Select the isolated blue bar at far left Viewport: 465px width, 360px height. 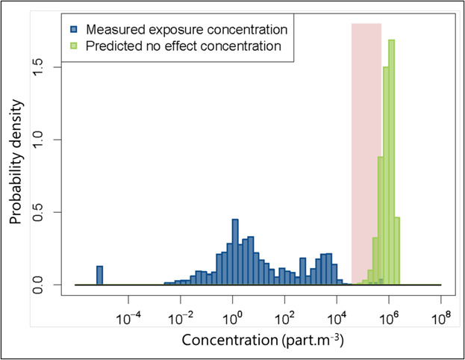[99, 275]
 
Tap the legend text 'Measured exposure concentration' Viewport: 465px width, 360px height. [187, 31]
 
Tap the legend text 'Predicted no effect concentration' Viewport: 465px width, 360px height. [184, 46]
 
